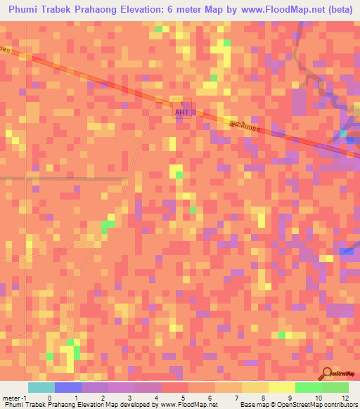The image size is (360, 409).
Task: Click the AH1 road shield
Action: click(181, 111)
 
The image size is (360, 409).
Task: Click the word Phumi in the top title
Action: click(27, 10)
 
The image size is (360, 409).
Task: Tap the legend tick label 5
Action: click(182, 397)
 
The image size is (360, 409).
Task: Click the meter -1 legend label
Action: click(12, 397)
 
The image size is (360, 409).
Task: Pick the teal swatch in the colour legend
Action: click(41, 387)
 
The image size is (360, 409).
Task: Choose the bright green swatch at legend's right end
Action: click(335, 387)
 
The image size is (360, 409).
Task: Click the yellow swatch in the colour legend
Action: click(282, 387)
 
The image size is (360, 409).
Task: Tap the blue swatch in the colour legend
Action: click(68, 387)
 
